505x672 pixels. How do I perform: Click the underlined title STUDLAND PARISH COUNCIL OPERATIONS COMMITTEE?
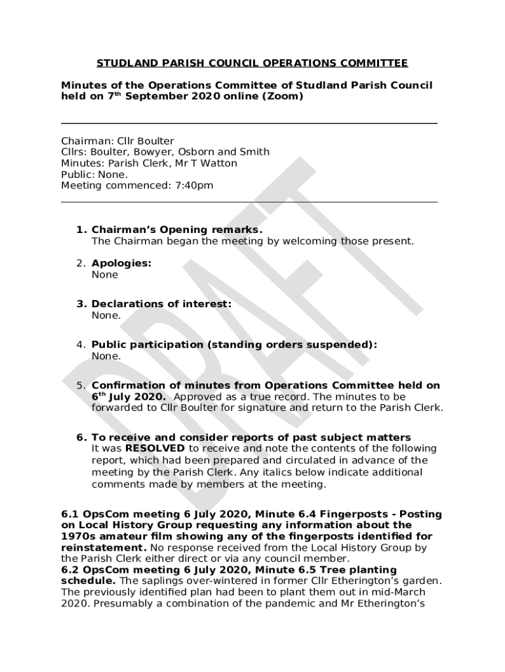(x=253, y=64)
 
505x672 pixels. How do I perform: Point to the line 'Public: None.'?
(x=94, y=175)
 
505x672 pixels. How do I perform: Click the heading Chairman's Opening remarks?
(x=177, y=230)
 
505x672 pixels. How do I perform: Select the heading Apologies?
(x=121, y=263)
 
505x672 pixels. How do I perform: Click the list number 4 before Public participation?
(x=81, y=345)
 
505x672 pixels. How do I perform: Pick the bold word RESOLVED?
(x=155, y=449)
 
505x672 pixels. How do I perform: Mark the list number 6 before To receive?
(x=81, y=438)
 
